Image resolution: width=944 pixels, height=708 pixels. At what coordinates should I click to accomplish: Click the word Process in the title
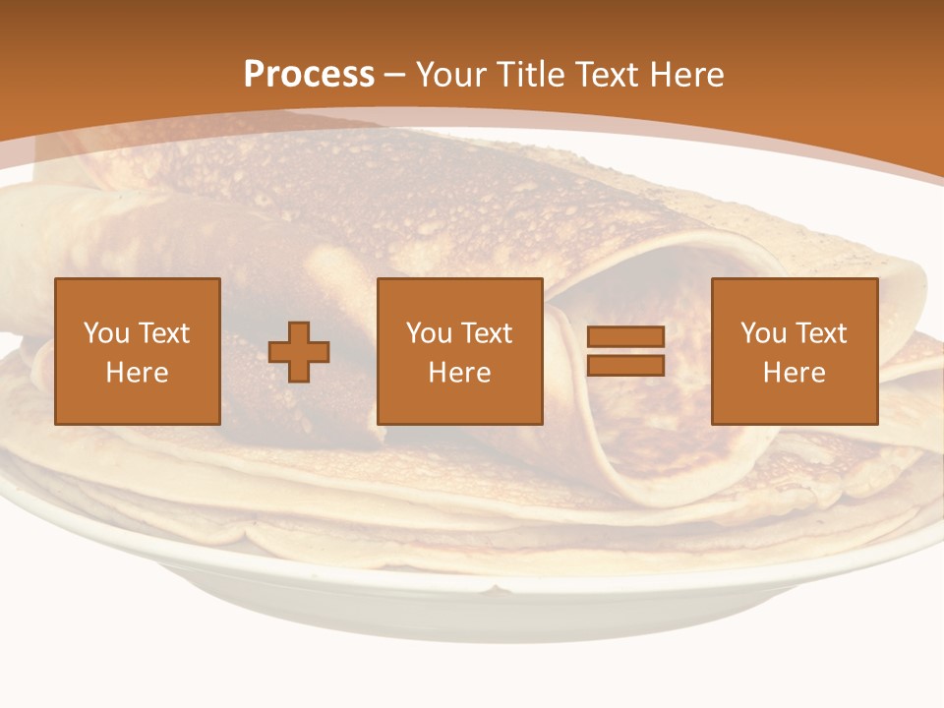[309, 75]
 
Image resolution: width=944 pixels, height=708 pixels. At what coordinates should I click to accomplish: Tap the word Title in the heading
[529, 75]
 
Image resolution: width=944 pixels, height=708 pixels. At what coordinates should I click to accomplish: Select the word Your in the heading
[451, 75]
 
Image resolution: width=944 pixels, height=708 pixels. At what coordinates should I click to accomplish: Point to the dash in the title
[395, 75]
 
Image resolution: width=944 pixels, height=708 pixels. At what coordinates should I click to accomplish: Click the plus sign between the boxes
[299, 351]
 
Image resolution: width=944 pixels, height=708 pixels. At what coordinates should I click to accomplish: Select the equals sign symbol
[625, 351]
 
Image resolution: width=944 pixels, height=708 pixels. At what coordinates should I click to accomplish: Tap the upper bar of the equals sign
[625, 337]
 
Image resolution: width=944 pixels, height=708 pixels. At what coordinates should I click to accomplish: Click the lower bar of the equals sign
[625, 365]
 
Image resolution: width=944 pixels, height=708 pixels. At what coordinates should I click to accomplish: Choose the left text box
[138, 351]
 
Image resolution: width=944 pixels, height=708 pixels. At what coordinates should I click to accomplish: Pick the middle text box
[460, 351]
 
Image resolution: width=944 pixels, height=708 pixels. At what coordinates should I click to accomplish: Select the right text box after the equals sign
[795, 351]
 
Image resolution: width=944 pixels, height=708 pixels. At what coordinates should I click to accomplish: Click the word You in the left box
[105, 333]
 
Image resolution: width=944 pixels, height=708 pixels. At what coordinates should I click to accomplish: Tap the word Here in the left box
[138, 373]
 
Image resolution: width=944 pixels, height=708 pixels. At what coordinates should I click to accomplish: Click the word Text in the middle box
[487, 333]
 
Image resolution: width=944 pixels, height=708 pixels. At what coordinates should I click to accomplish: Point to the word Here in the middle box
[460, 373]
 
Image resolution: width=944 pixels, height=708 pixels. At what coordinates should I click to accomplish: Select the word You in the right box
[763, 333]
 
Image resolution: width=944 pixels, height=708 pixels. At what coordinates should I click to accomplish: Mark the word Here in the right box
[795, 373]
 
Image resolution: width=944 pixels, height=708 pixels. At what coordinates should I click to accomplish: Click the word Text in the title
[606, 75]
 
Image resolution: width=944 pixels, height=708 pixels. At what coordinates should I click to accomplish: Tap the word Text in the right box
[821, 333]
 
